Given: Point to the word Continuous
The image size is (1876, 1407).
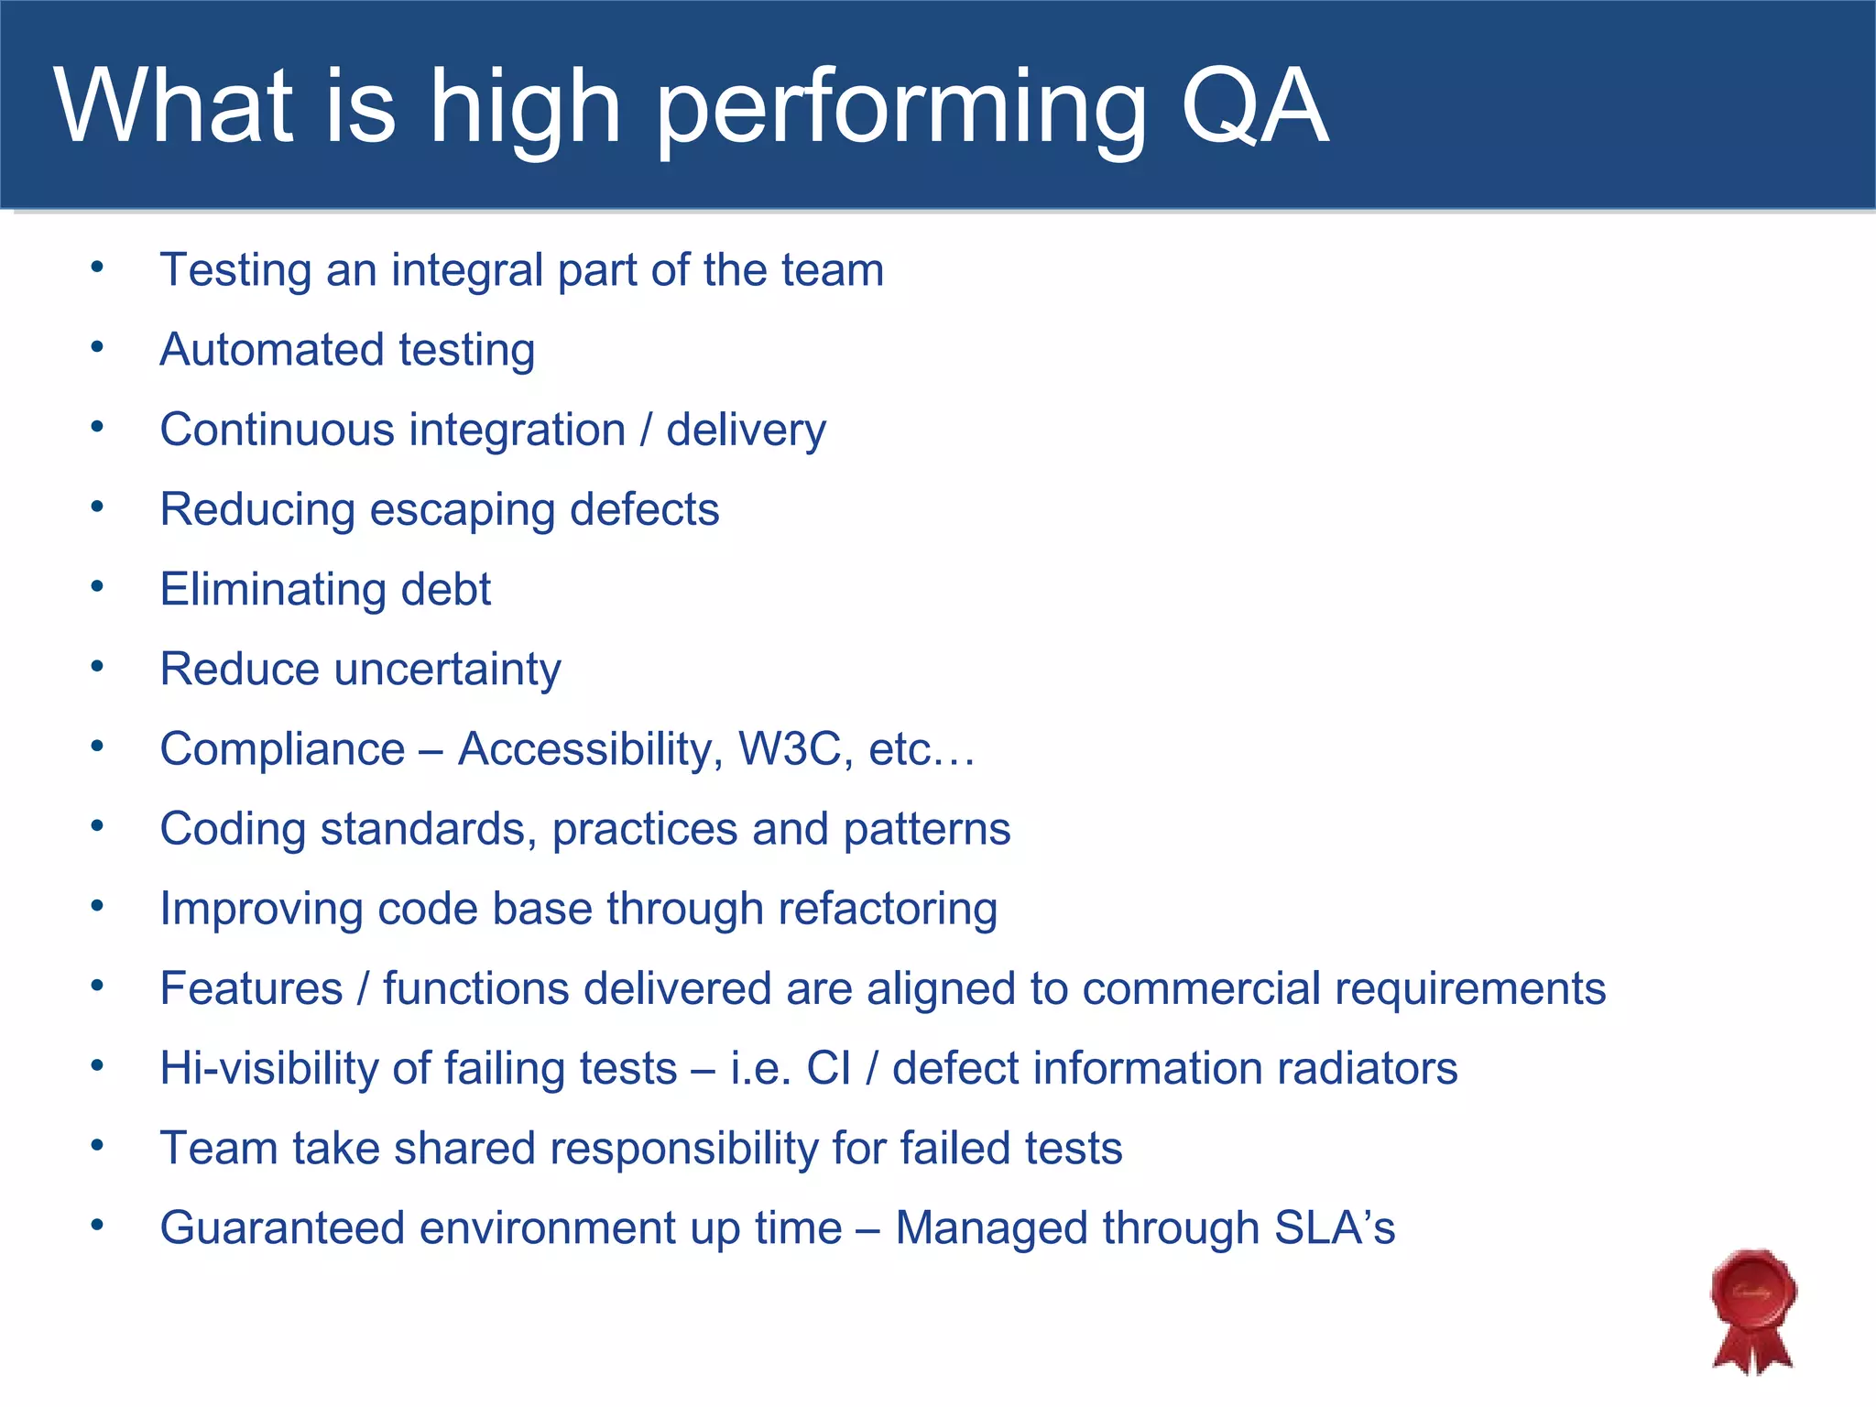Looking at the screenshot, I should [x=277, y=430].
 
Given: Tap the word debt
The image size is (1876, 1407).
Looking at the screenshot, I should [x=445, y=589].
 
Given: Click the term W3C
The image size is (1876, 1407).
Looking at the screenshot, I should [x=790, y=749].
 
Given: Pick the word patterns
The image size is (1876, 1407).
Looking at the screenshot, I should [x=926, y=830].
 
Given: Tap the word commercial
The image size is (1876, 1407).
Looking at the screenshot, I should [x=1201, y=989].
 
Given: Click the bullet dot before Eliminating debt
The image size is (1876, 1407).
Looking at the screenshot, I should [x=97, y=586].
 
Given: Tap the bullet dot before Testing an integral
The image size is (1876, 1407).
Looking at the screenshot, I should [x=97, y=267].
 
